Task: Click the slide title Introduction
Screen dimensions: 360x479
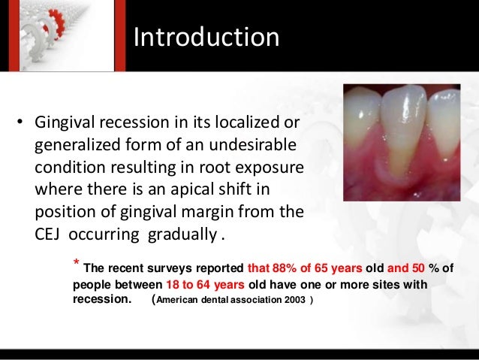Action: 206,37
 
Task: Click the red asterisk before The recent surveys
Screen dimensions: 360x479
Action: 76,264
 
